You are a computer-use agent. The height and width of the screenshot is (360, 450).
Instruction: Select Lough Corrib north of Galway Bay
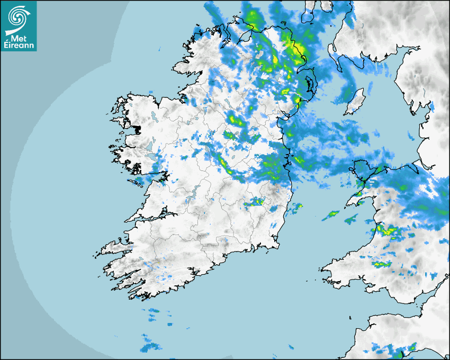[154, 156]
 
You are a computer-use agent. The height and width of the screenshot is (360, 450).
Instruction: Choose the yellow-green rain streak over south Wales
[381, 263]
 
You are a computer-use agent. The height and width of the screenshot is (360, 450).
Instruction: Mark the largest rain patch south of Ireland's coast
[152, 347]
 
